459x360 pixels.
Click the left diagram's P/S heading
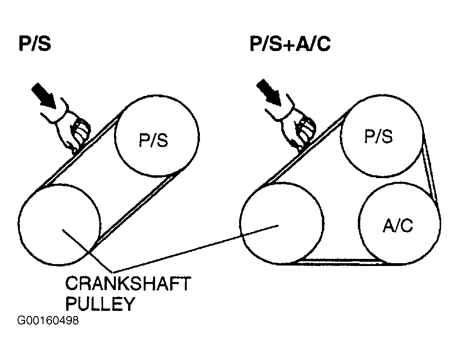tap(35, 44)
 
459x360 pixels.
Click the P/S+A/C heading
tap(290, 44)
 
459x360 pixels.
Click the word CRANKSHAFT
tap(128, 285)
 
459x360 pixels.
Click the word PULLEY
tap(99, 304)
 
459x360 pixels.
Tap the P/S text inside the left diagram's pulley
tap(154, 140)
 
